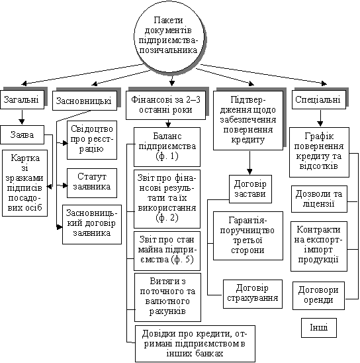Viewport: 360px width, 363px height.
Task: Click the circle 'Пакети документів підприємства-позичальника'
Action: click(169, 37)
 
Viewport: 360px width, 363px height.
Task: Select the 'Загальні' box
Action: click(22, 100)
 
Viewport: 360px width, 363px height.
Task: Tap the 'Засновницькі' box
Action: click(85, 101)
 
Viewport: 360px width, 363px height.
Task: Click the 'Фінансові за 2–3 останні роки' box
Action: click(165, 105)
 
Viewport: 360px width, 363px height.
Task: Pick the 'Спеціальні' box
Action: click(319, 100)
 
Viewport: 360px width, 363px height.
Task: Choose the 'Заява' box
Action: click(22, 134)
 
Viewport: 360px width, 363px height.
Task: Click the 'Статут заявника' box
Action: click(92, 183)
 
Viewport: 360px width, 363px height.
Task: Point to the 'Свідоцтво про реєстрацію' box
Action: click(92, 140)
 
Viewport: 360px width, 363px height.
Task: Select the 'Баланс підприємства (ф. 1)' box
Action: click(167, 147)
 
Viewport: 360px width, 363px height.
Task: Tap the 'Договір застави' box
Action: click(250, 189)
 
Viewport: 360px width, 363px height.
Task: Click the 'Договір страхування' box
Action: click(253, 294)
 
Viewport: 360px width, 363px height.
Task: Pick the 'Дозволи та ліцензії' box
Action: click(319, 199)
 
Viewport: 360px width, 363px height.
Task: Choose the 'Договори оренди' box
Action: click(318, 295)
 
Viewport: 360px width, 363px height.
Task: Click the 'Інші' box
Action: click(319, 328)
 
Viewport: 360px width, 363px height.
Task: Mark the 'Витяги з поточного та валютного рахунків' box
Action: click(167, 297)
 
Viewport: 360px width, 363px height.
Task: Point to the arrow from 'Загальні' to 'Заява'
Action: click(22, 117)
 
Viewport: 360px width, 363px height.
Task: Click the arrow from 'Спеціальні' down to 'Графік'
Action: click(320, 119)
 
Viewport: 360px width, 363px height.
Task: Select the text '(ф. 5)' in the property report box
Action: click(182, 260)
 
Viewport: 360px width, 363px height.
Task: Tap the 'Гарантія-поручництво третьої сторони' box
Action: click(248, 236)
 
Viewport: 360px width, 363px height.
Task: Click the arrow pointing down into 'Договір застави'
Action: click(249, 163)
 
